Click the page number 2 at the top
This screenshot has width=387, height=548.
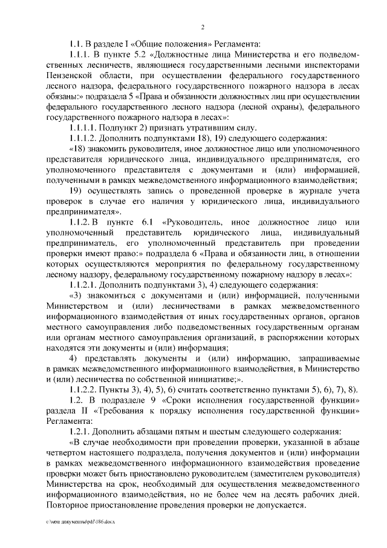coord(202,27)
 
